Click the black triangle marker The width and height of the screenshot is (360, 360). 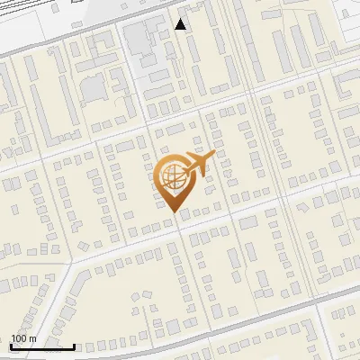[181, 24]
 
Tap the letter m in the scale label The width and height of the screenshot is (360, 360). [32, 338]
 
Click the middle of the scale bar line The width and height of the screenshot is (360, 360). [42, 346]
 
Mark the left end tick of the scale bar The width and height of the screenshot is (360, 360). [11, 345]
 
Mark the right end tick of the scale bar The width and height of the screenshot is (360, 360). [74, 345]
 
